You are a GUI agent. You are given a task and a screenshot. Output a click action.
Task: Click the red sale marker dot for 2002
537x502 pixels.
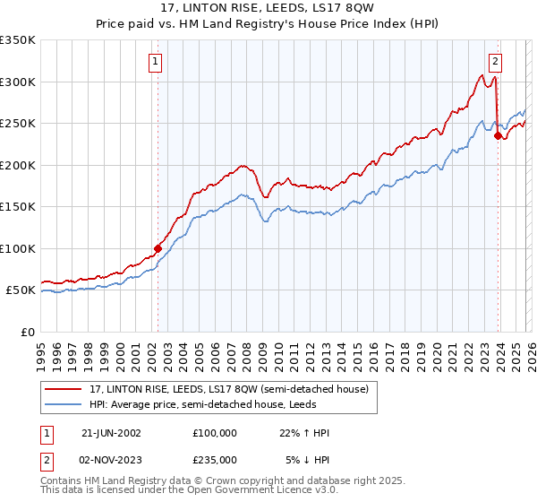coord(158,248)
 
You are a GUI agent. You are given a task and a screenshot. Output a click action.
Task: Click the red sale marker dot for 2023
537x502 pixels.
coord(499,136)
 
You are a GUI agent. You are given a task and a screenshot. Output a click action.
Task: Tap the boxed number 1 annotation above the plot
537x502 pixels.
coord(156,62)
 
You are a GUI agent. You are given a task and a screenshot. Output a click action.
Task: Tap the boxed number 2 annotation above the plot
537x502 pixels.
coord(495,62)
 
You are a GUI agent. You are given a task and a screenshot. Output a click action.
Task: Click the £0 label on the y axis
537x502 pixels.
coord(28,332)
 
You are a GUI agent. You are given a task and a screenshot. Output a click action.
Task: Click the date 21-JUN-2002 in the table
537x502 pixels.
coord(111,433)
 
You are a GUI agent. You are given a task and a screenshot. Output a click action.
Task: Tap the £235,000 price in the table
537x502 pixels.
coord(215,459)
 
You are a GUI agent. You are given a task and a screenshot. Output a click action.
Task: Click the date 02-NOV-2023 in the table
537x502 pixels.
coord(111,459)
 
